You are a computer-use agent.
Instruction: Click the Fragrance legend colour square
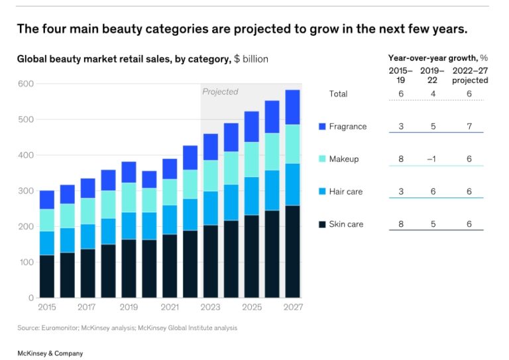(323, 127)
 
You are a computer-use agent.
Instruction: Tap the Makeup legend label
(343, 159)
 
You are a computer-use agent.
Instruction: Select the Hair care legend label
(346, 192)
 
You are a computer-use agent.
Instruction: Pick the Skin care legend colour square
(323, 224)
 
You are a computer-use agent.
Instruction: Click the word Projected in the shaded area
(220, 91)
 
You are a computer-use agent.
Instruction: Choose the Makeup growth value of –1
(432, 159)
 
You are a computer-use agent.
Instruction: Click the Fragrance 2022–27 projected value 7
(469, 127)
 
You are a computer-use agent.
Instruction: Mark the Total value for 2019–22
(433, 94)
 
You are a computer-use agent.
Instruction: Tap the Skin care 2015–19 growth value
(401, 224)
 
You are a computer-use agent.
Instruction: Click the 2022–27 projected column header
(470, 75)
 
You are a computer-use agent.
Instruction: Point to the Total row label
(338, 94)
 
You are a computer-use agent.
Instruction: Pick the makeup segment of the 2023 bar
(211, 176)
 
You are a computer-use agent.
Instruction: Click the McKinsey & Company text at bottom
(50, 353)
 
